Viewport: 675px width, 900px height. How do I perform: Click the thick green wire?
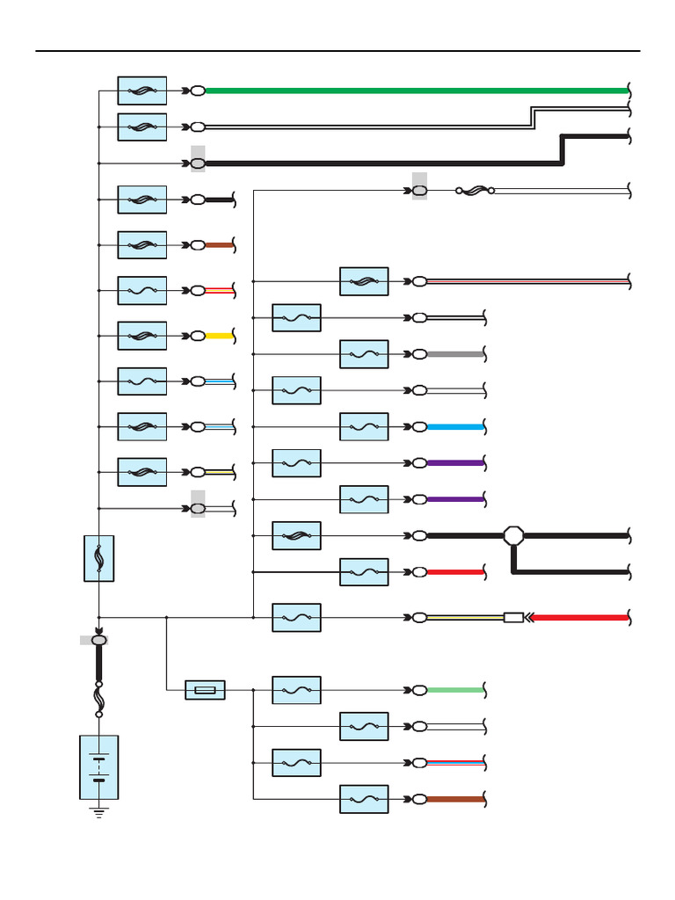pyautogui.click(x=413, y=91)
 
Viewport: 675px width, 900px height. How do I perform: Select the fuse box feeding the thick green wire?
pyautogui.click(x=142, y=91)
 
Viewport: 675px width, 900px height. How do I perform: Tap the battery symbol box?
pyautogui.click(x=98, y=767)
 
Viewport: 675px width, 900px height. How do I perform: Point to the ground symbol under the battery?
pyautogui.click(x=98, y=812)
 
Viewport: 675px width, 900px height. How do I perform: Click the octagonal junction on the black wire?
pyautogui.click(x=514, y=535)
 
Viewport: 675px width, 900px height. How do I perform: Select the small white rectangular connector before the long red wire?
pyautogui.click(x=513, y=618)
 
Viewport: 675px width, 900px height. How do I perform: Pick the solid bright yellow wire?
pyautogui.click(x=219, y=336)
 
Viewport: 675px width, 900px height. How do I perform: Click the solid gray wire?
pyautogui.click(x=454, y=354)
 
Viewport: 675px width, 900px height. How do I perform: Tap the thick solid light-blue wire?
pyautogui.click(x=454, y=427)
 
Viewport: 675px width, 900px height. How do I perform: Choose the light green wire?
pyautogui.click(x=454, y=690)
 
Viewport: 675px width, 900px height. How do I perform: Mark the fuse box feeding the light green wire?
pyautogui.click(x=296, y=690)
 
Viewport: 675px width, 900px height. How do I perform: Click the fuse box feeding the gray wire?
pyautogui.click(x=364, y=354)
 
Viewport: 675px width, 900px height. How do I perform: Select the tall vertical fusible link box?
pyautogui.click(x=98, y=557)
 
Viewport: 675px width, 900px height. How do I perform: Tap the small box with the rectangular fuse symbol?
pyautogui.click(x=205, y=690)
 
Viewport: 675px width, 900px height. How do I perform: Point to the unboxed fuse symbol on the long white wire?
pyautogui.click(x=475, y=190)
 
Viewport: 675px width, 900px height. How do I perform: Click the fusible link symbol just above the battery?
pyautogui.click(x=98, y=700)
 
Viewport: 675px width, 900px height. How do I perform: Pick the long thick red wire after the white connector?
pyautogui.click(x=580, y=618)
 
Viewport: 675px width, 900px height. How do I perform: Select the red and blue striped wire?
pyautogui.click(x=454, y=763)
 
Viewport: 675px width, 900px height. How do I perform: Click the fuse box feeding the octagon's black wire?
pyautogui.click(x=296, y=535)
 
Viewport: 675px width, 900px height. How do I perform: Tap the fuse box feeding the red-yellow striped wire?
pyautogui.click(x=142, y=290)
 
